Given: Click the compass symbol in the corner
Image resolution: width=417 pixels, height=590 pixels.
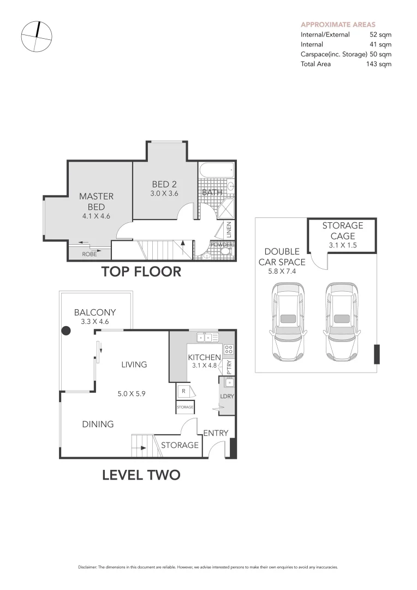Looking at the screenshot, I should click(37, 37).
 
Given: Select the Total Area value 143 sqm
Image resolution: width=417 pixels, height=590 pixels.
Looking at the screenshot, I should click(378, 64).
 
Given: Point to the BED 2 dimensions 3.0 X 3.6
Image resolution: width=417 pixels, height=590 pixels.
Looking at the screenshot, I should click(164, 193).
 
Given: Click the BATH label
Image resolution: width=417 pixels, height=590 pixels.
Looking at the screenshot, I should click(211, 193).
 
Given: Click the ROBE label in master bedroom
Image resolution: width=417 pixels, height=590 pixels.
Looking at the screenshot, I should click(89, 254).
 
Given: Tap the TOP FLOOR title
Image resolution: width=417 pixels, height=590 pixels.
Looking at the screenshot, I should click(141, 272).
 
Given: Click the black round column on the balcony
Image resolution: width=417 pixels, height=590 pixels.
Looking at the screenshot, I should click(66, 331).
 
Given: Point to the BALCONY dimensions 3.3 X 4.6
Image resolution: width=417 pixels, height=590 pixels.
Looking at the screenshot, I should click(95, 322).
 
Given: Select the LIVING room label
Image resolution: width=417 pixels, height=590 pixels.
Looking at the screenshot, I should click(134, 364).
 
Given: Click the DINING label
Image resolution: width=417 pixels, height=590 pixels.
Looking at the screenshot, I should click(98, 424).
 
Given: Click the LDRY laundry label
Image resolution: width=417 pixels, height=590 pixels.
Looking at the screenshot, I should click(227, 396).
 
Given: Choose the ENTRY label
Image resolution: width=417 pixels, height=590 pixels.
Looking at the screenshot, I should click(216, 433).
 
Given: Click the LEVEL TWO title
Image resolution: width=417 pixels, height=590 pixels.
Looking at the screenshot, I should click(141, 475).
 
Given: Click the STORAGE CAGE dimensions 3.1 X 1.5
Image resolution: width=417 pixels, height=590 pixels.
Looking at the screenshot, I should click(342, 246).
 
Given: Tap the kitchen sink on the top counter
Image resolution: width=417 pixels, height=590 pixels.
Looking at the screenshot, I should click(207, 338).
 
